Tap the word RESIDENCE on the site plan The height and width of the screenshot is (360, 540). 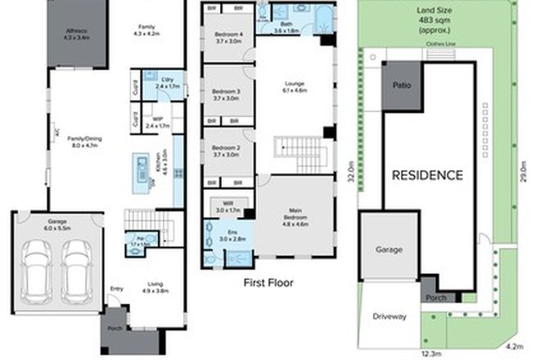[426, 174]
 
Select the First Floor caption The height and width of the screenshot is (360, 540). [268, 283]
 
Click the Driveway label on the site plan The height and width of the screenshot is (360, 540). [389, 316]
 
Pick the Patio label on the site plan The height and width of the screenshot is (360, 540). [401, 84]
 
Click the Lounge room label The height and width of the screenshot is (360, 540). [294, 86]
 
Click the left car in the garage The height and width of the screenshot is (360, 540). [37, 270]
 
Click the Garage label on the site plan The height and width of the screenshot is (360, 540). [389, 249]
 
